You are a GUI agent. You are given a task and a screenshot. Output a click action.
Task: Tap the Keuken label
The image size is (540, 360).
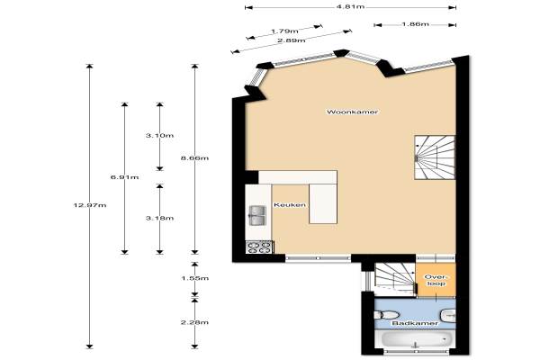pyautogui.click(x=290, y=205)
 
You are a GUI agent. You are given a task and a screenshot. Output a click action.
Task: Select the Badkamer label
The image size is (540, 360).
pyautogui.click(x=415, y=323)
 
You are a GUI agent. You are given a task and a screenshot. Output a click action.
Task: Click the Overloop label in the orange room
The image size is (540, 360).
pyautogui.click(x=436, y=280)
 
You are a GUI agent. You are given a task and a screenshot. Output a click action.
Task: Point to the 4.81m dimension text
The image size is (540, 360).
pyautogui.click(x=350, y=6)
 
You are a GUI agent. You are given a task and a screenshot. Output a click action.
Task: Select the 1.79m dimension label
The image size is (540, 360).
pyautogui.click(x=284, y=31)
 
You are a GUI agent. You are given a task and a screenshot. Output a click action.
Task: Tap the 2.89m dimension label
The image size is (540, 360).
pyautogui.click(x=292, y=40)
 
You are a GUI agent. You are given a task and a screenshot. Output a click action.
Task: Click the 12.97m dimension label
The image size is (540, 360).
pyautogui.click(x=90, y=205)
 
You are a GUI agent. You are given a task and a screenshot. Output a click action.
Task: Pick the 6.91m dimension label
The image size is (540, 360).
pyautogui.click(x=125, y=177)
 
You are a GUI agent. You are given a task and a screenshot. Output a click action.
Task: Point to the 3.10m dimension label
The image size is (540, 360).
pyautogui.click(x=159, y=135)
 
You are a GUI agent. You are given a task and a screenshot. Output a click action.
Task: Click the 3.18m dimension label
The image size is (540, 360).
pyautogui.click(x=159, y=218)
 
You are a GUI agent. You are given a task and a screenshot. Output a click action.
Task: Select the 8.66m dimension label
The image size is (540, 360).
pyautogui.click(x=194, y=158)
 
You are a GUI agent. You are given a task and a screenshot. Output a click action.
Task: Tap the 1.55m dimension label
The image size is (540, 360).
pyautogui.click(x=194, y=278)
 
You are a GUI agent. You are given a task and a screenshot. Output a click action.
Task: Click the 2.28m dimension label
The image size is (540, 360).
pyautogui.click(x=194, y=322)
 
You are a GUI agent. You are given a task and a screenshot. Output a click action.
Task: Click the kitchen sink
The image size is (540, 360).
pyautogui.click(x=256, y=215)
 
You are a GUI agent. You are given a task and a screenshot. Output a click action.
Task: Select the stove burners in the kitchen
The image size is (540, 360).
pyautogui.click(x=260, y=247)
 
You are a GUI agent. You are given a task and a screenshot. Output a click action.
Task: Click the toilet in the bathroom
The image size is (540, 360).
pyautogui.click(x=386, y=315)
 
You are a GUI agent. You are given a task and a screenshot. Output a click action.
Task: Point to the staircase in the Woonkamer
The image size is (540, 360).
pyautogui.click(x=435, y=157)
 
